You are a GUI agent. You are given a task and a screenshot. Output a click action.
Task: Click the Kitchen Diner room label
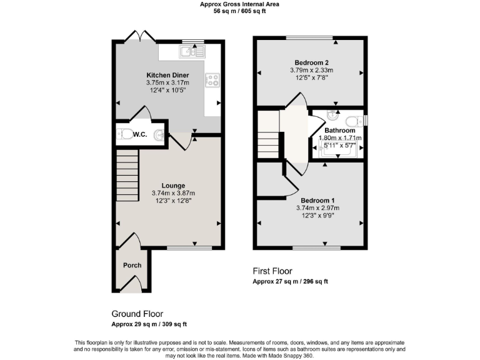pyautogui.click(x=167, y=74)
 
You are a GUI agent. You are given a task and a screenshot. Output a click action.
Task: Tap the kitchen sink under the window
pyautogui.click(x=187, y=51)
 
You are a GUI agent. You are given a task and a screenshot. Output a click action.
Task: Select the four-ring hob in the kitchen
pyautogui.click(x=212, y=80)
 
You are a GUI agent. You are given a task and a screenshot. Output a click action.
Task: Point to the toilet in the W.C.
pyautogui.click(x=127, y=134)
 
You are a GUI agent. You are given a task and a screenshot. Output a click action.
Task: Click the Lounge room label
pyautogui.click(x=172, y=186)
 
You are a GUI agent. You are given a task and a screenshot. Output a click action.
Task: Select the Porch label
pyautogui.click(x=132, y=265)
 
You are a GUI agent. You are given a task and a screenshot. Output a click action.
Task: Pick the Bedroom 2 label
pyautogui.click(x=309, y=62)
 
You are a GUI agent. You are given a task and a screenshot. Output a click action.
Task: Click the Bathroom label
pyautogui.click(x=339, y=131)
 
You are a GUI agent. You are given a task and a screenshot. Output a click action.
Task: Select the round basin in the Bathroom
pyautogui.click(x=332, y=115)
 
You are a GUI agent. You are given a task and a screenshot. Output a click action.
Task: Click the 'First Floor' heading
pyautogui.click(x=272, y=271)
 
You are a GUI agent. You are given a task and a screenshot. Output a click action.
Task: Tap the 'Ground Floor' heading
pyautogui.click(x=137, y=314)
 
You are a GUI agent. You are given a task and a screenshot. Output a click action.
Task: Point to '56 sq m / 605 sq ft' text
pyautogui.click(x=239, y=11)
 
